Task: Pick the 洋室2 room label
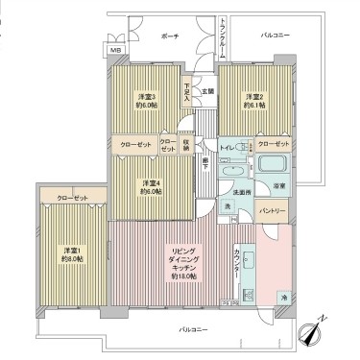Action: click(x=254, y=100)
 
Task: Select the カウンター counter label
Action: click(x=237, y=262)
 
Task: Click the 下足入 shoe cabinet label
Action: click(x=188, y=93)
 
